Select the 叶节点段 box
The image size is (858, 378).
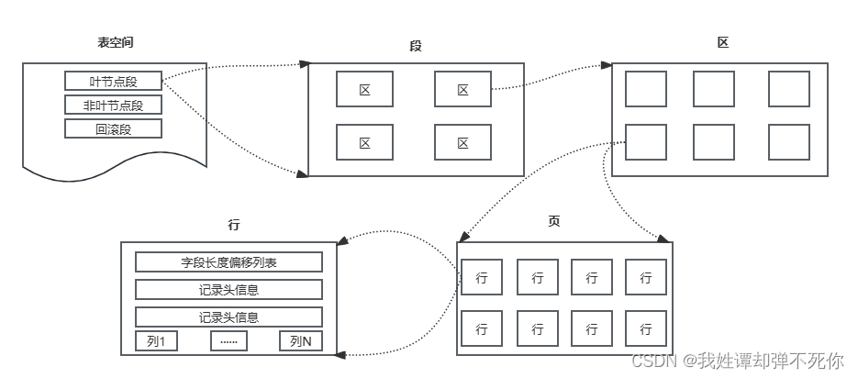click(113, 81)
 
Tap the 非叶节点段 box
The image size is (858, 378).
click(113, 105)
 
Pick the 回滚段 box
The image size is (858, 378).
click(113, 128)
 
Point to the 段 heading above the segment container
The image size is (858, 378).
click(416, 46)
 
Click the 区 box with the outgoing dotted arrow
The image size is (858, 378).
click(462, 90)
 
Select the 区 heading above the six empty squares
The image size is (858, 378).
click(723, 43)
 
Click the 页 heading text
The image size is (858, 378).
click(553, 222)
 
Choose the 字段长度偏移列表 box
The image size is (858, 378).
click(228, 262)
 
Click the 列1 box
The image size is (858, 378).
click(156, 341)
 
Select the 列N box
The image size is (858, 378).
click(301, 341)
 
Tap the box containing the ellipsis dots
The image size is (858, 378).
click(228, 341)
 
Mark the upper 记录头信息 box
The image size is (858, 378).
click(228, 290)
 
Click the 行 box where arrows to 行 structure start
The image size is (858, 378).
click(481, 277)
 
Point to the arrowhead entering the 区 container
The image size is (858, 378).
click(607, 66)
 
